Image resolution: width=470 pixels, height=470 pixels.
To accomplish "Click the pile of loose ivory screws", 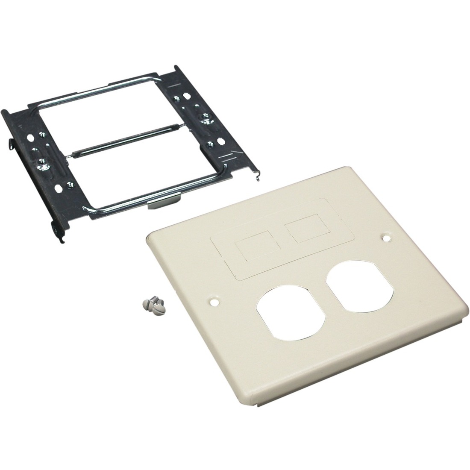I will tap(152, 306).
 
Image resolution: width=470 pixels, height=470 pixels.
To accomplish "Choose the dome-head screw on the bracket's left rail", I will tap(42, 162).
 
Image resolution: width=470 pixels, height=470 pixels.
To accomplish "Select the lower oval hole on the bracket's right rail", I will tap(220, 140).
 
